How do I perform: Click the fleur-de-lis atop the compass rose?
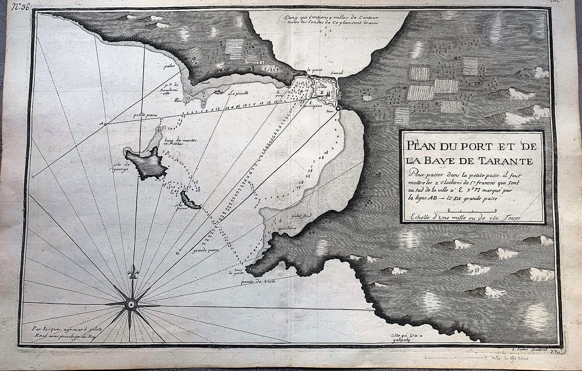[x=132, y=271]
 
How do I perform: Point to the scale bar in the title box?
[x=473, y=210]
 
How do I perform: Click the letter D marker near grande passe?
[x=177, y=253]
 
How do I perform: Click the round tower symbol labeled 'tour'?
[x=338, y=109]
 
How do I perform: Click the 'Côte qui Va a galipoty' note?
[x=402, y=346]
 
